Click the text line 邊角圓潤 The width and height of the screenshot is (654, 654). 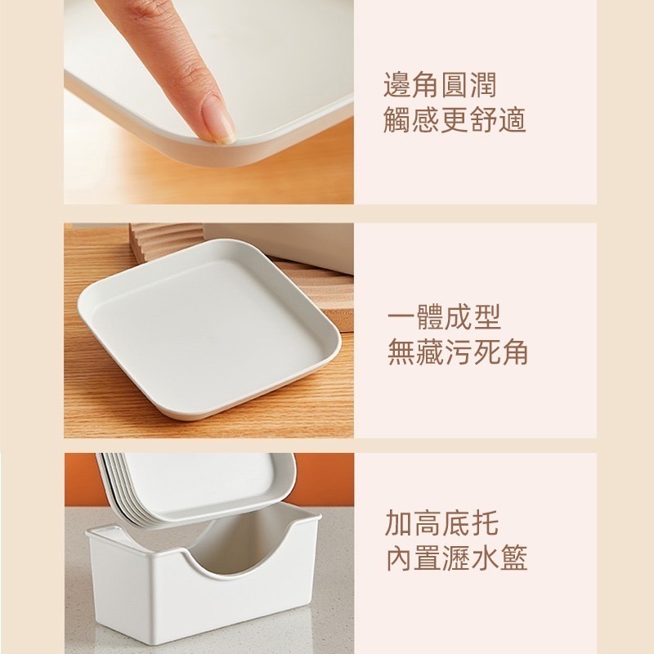tap(440, 84)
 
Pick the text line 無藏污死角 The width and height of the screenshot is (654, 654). tap(457, 352)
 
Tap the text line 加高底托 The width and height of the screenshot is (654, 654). tap(441, 523)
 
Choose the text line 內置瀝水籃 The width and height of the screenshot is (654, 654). tap(456, 558)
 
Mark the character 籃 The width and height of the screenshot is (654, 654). tap(514, 558)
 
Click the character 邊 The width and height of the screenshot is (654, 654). tap(398, 84)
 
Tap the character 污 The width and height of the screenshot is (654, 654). tap(457, 352)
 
